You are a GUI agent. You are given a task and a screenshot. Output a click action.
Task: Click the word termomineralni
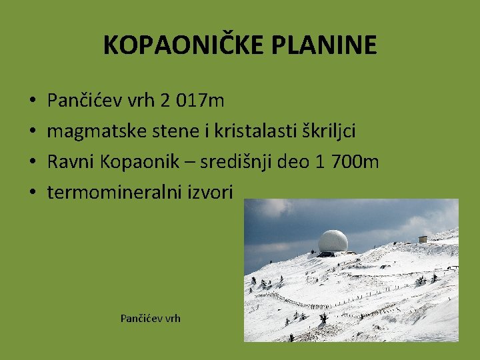pyautogui.click(x=113, y=193)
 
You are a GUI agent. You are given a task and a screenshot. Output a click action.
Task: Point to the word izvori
pyautogui.click(x=211, y=193)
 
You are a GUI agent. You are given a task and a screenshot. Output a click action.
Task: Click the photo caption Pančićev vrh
pyautogui.click(x=150, y=318)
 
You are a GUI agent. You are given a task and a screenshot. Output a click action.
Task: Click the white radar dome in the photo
pyautogui.click(x=333, y=240)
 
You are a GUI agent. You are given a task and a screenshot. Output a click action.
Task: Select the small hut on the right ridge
pyautogui.click(x=423, y=239)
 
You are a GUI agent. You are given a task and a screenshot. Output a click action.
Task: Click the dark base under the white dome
pyautogui.click(x=326, y=253)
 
